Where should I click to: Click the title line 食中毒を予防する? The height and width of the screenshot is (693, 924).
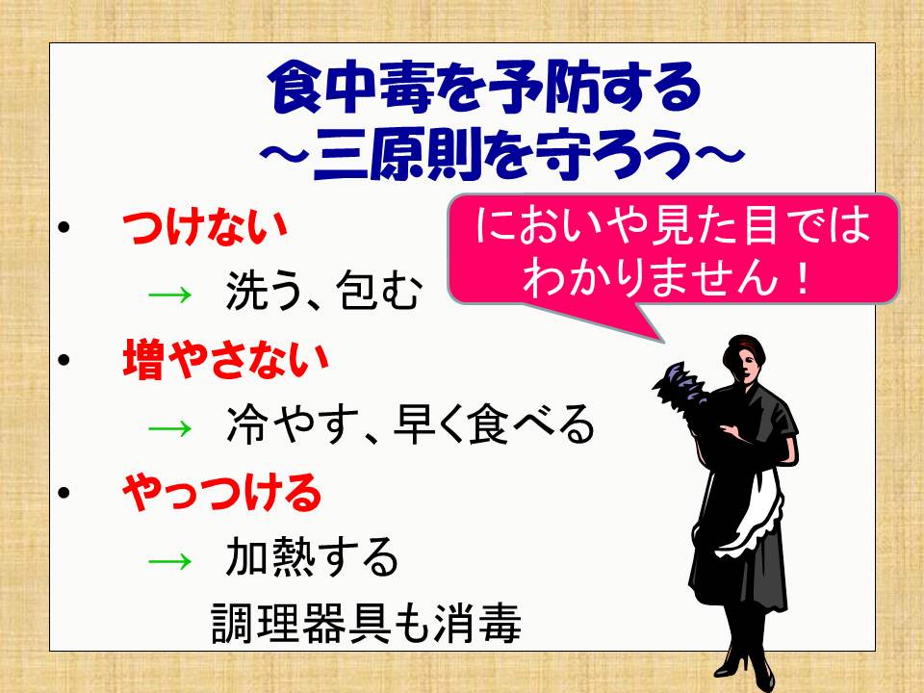point(484,89)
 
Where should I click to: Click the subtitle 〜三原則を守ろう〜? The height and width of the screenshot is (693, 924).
point(501,153)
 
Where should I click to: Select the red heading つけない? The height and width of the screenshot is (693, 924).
point(204,227)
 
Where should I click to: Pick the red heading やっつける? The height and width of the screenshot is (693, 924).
point(221,492)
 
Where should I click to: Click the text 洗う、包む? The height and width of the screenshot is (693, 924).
point(324,291)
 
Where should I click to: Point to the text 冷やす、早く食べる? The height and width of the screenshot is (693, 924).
point(411,424)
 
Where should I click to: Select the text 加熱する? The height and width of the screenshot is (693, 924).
point(312,557)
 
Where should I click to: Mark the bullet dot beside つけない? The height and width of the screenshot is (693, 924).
point(64,227)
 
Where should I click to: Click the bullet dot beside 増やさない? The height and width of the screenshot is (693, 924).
point(64,359)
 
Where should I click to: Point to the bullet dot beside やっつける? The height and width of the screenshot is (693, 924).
point(64,492)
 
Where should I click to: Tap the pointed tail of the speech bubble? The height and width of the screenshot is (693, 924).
point(662,341)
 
